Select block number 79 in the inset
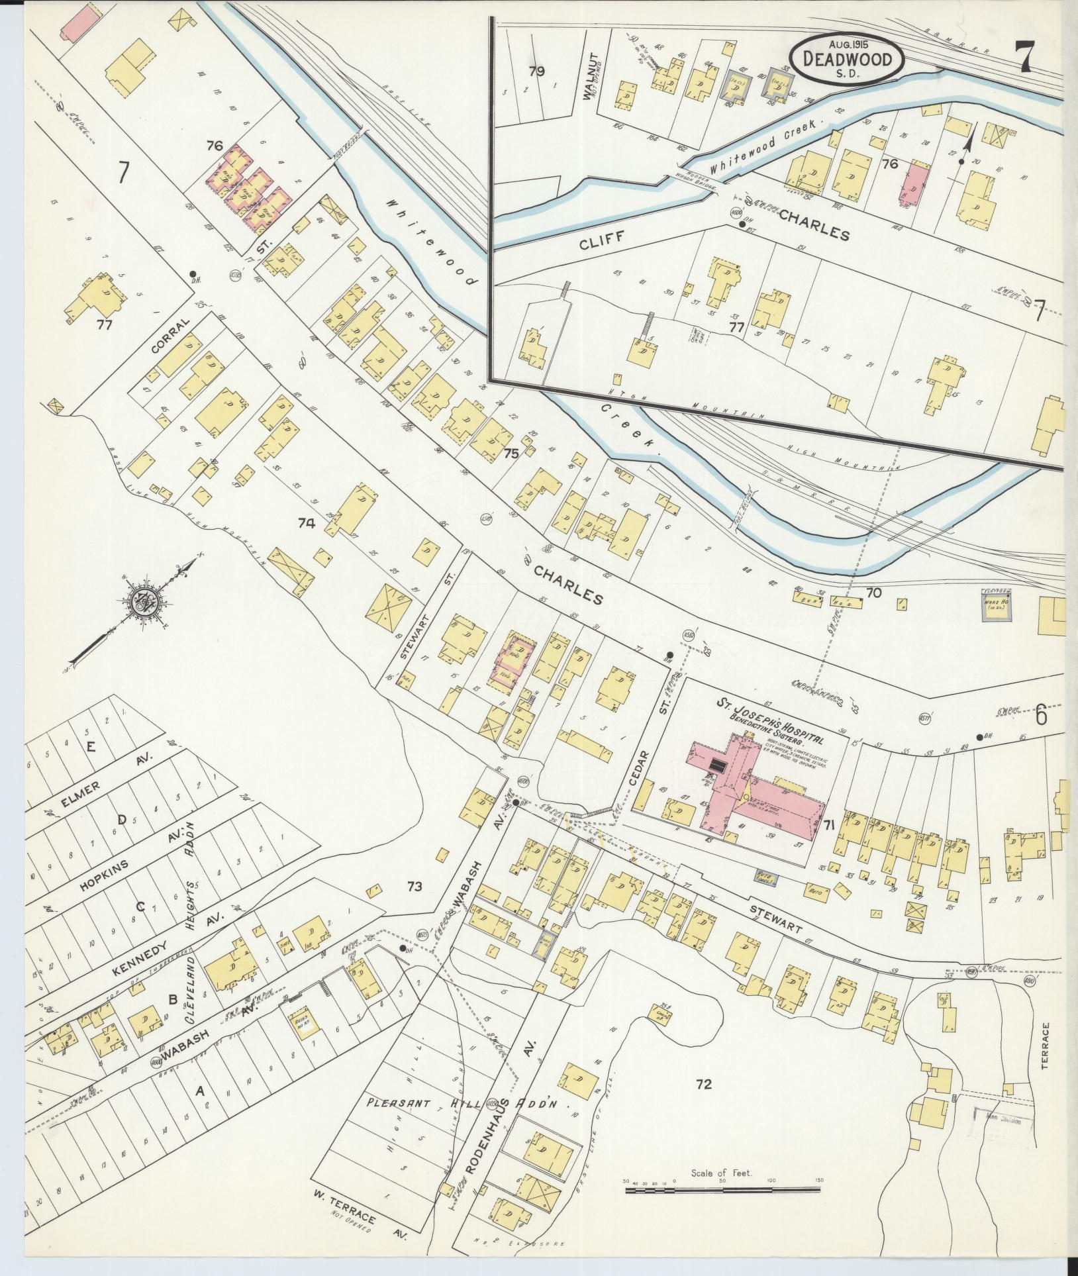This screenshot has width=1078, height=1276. pyautogui.click(x=536, y=72)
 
